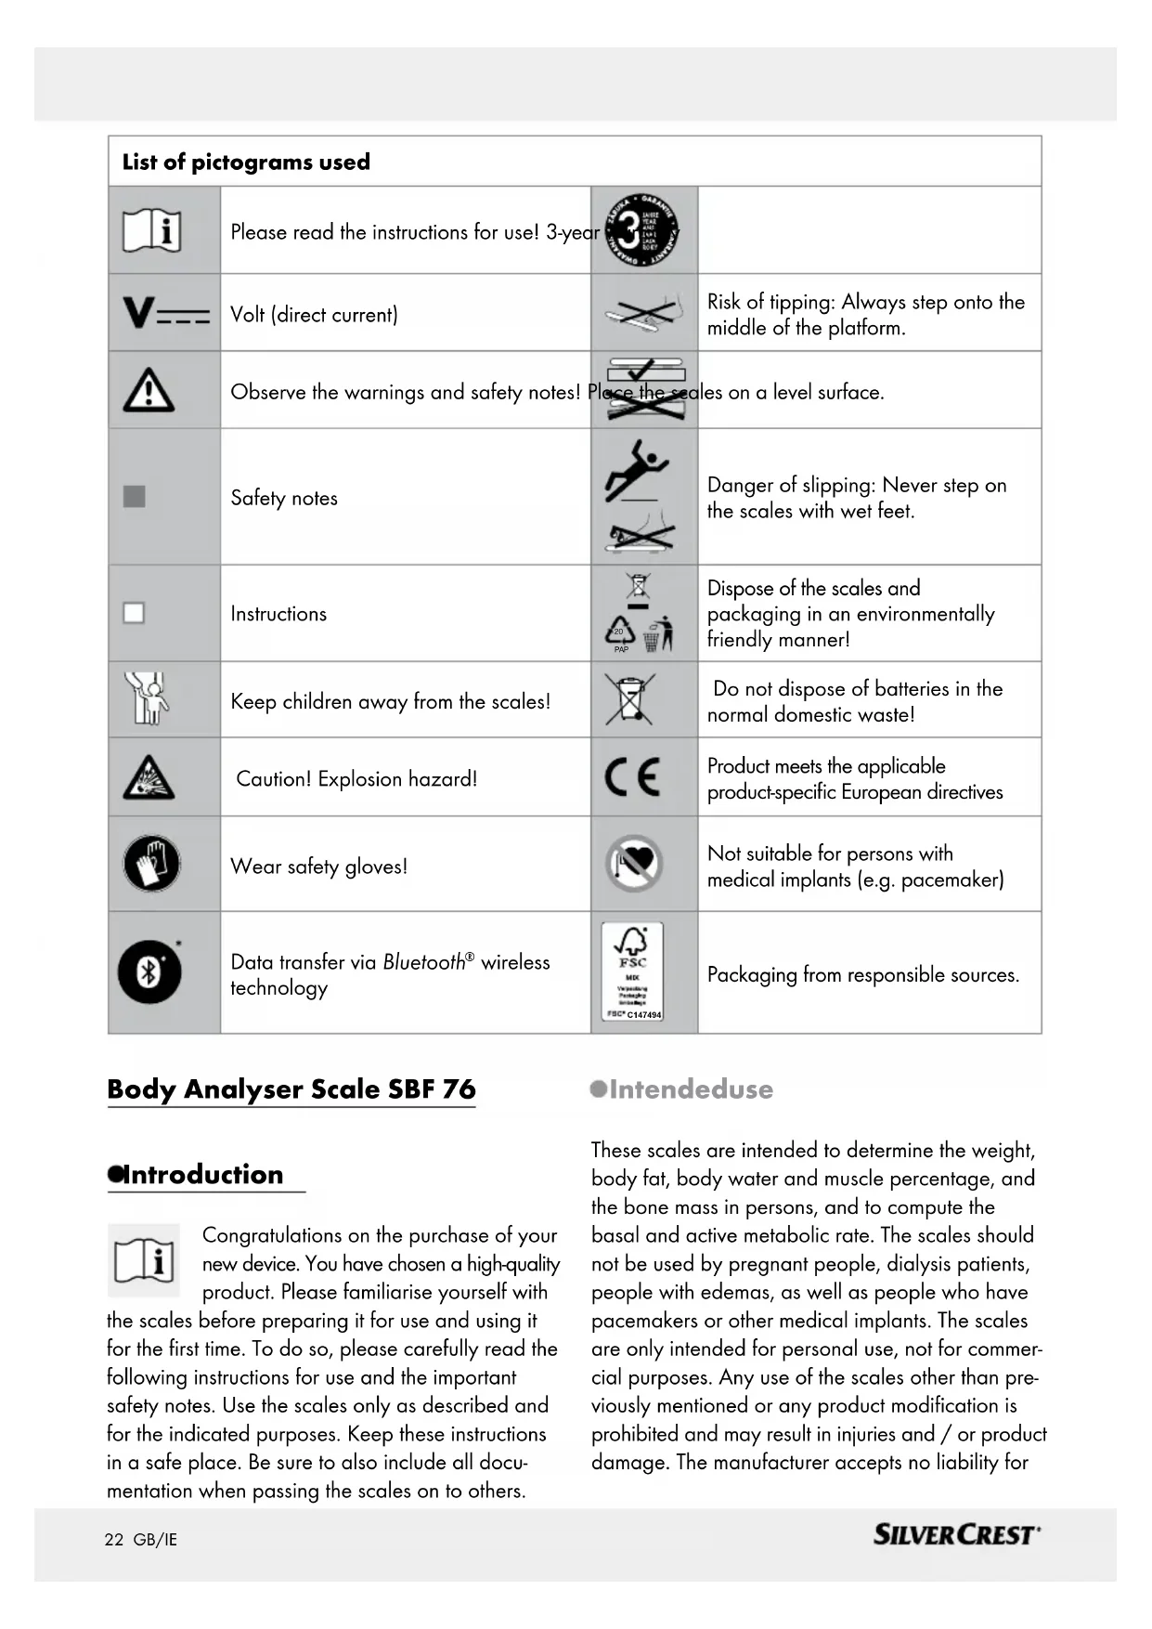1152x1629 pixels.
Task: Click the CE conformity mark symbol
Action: [x=633, y=777]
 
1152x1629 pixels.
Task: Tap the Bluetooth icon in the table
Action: [x=149, y=972]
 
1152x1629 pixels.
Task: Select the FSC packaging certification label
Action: [x=632, y=971]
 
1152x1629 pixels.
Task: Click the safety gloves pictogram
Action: [x=151, y=864]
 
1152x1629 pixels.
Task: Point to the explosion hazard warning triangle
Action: [x=149, y=778]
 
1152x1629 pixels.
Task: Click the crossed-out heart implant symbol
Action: [x=633, y=864]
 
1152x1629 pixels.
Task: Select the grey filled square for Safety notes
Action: [x=135, y=497]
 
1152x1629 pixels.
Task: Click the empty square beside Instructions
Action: [x=135, y=613]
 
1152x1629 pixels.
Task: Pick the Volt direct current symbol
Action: [x=166, y=313]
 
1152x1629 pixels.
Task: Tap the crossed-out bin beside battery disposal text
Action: [x=630, y=699]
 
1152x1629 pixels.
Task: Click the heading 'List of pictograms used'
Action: [x=246, y=163]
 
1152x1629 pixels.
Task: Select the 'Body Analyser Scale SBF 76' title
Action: [x=291, y=1089]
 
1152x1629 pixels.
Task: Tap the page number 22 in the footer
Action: [x=113, y=1540]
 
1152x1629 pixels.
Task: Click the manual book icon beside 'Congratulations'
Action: [x=144, y=1260]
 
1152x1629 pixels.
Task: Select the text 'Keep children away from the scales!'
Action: [x=390, y=702]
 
